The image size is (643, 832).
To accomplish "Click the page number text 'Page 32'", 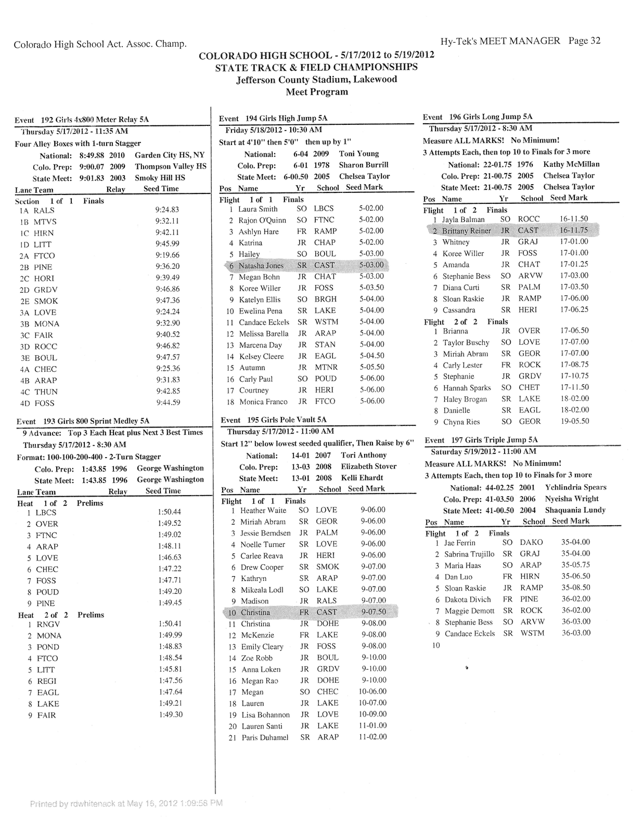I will click(x=584, y=41).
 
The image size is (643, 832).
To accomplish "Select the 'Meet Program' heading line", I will click(x=317, y=92).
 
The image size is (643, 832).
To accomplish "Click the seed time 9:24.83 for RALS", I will click(x=167, y=210).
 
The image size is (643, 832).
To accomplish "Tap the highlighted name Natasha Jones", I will click(x=261, y=266).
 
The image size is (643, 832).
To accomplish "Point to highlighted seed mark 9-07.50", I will click(x=373, y=612).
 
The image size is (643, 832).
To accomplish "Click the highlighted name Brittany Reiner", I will click(x=466, y=231).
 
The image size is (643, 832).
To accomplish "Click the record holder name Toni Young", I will click(x=359, y=153).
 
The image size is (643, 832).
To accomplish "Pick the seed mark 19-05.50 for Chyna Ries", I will click(x=574, y=421).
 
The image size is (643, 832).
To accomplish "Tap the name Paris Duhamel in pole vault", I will click(x=265, y=737).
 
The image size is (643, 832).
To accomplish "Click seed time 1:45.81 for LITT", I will click(x=169, y=669).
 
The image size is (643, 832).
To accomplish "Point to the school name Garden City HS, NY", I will click(x=170, y=155).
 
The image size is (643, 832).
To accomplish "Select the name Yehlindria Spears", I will click(x=575, y=487).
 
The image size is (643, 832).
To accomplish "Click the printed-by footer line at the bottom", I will click(x=126, y=803).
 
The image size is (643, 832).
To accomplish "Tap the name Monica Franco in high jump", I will click(x=263, y=401).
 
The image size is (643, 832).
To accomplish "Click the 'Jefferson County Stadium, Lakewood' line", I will click(x=316, y=80).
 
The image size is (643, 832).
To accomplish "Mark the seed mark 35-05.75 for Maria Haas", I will click(x=575, y=565).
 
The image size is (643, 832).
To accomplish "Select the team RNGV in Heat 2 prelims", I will click(x=48, y=624).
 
